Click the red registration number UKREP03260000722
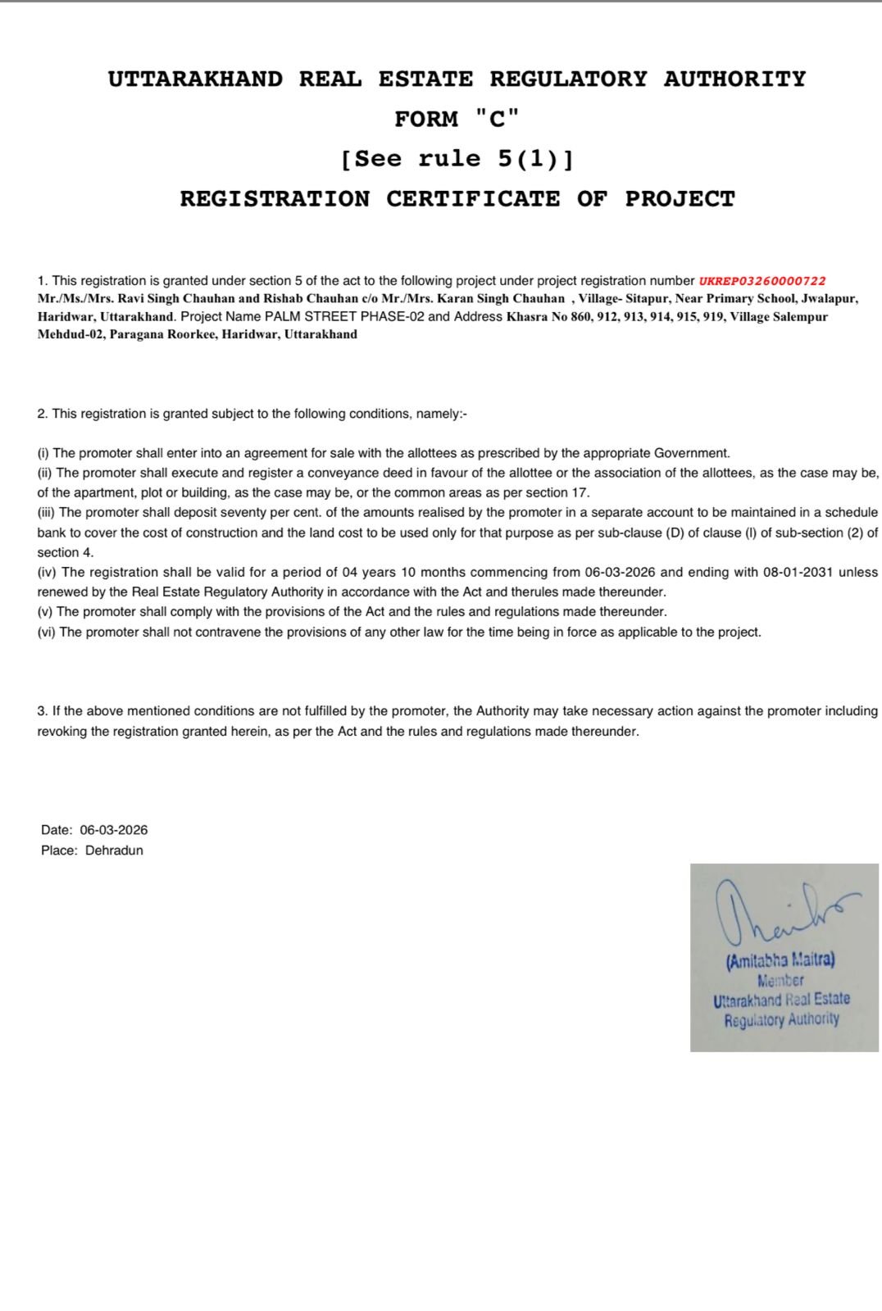[x=762, y=281]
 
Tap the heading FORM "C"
[x=457, y=120]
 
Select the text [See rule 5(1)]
[x=457, y=159]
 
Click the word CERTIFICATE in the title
[x=473, y=199]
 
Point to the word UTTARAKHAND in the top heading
[x=195, y=79]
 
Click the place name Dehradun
[x=114, y=851]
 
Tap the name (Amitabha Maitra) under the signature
[x=780, y=960]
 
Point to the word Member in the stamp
[x=780, y=981]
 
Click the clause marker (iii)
[x=47, y=513]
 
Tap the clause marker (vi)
[x=47, y=633]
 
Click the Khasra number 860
[x=580, y=317]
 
